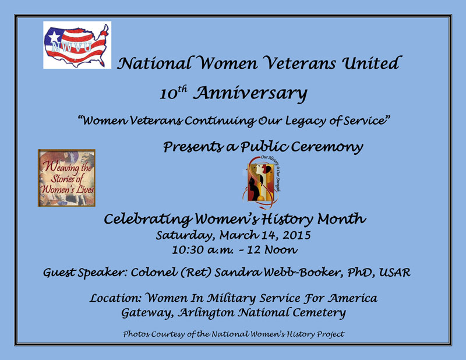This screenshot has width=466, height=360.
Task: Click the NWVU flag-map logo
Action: pyautogui.click(x=77, y=45)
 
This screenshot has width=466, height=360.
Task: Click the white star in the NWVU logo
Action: pyautogui.click(x=54, y=36)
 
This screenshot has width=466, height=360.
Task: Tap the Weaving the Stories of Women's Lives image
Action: pyautogui.click(x=66, y=178)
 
